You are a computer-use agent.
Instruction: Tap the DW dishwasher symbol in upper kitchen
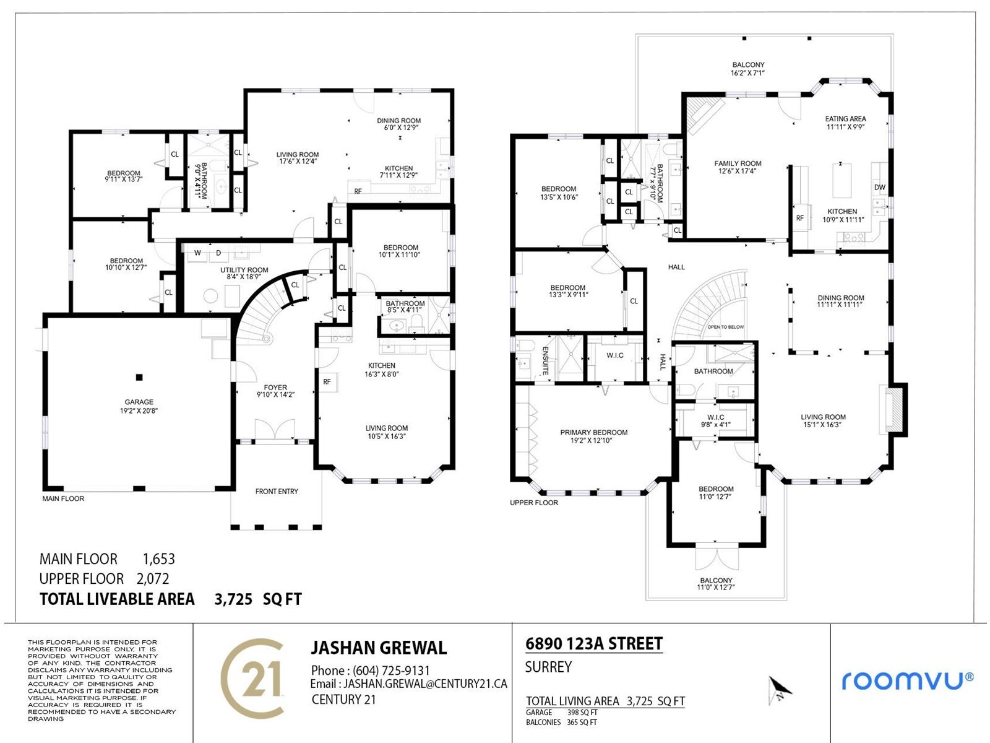[879, 187]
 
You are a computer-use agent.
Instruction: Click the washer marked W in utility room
[197, 253]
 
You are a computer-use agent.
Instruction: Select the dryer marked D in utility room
[218, 253]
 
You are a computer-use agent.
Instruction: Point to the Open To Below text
[726, 327]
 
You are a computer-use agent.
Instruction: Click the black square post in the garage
[139, 377]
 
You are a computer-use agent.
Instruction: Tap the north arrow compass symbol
[780, 690]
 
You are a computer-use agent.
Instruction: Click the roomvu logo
[908, 680]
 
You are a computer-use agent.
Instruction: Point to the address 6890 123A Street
[594, 643]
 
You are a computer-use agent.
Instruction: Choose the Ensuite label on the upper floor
[545, 361]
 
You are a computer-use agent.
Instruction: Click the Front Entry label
[277, 491]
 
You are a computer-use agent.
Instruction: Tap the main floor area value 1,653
[159, 559]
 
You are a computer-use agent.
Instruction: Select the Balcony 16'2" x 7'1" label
[748, 69]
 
